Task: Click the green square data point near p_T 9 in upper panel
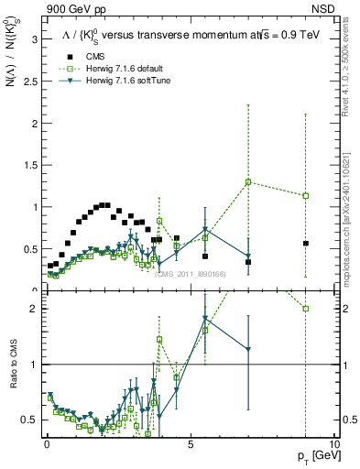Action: point(306,195)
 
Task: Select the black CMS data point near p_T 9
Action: point(306,244)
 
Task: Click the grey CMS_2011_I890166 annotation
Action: point(190,274)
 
